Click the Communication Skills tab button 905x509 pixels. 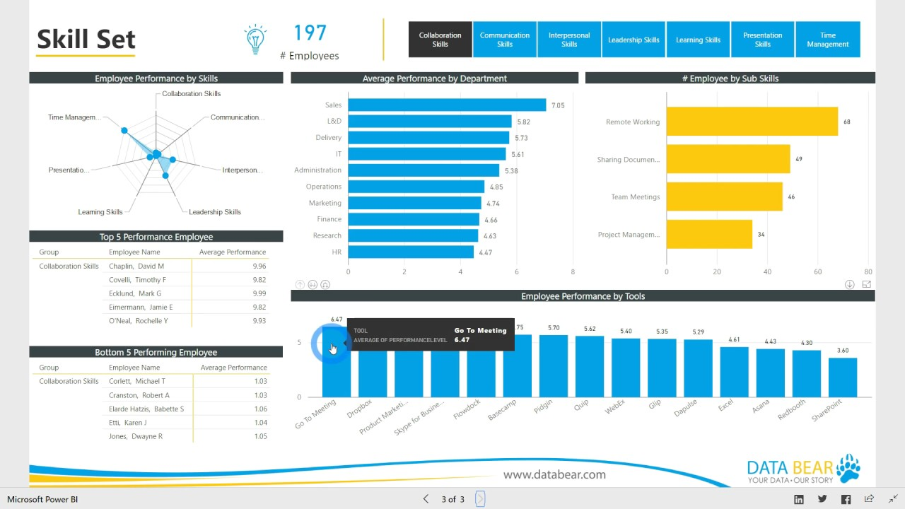point(505,40)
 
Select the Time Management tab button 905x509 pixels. point(827,40)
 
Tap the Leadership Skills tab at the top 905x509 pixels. point(633,40)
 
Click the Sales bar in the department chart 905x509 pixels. point(447,105)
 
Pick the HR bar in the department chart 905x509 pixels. point(411,252)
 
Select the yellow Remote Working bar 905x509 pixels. point(752,122)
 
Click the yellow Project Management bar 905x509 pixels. point(709,234)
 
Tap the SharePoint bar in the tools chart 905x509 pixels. point(842,378)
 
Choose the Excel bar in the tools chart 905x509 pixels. point(734,372)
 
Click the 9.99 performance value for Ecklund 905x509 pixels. point(259,293)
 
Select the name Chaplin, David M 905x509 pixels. point(136,267)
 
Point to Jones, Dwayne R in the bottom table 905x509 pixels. point(136,436)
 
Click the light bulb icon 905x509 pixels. point(255,40)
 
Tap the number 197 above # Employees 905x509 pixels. point(310,33)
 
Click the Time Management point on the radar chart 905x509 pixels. point(124,130)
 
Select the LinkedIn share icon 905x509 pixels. point(799,499)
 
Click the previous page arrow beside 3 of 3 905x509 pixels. point(426,499)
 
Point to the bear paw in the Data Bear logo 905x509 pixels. point(848,468)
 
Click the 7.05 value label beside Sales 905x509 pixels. point(558,105)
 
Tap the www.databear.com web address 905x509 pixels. point(554,474)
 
